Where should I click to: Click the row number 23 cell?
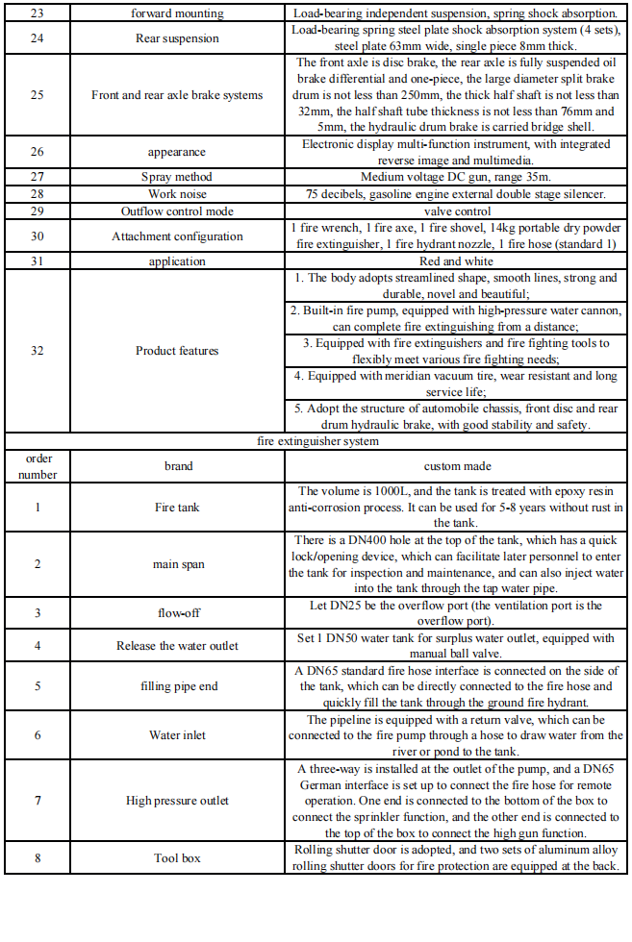38,14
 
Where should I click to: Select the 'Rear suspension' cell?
177,38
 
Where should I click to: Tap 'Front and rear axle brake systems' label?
177,95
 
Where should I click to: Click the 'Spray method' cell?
177,177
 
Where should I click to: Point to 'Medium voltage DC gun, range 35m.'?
456,177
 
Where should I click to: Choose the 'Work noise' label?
177,194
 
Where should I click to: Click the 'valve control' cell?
456,211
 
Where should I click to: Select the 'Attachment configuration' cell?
177,236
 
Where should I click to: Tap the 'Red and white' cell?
456,261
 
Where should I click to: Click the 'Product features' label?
177,351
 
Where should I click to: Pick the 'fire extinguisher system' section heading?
316,441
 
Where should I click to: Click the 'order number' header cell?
38,466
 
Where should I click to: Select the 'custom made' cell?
456,466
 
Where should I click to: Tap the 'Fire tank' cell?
177,507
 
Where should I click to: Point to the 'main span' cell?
177,563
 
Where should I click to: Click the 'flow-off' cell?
177,612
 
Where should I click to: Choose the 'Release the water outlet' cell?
177,645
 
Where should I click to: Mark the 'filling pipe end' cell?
177,686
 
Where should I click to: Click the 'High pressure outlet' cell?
177,801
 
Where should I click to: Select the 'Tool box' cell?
177,858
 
